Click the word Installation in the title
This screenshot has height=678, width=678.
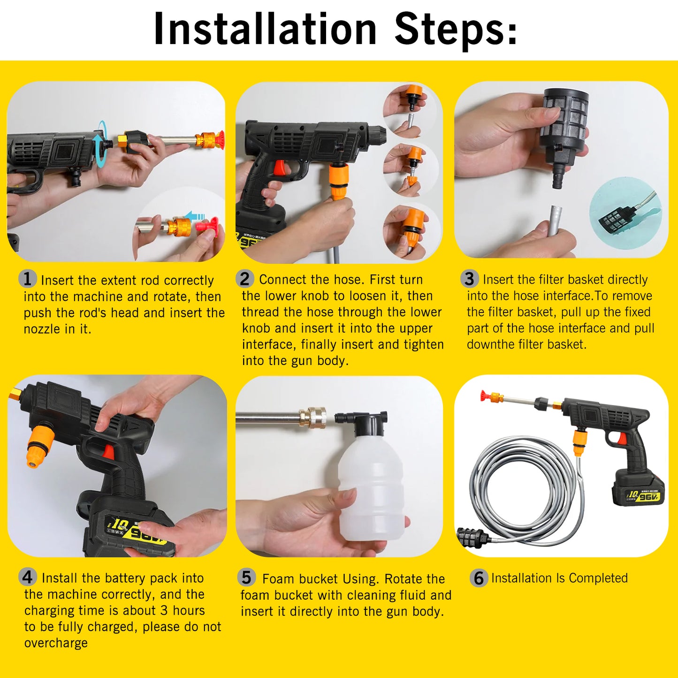coord(265,29)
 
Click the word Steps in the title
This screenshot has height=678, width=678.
coord(455,29)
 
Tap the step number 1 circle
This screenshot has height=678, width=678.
coord(28,279)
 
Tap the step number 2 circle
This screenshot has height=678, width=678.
coord(245,279)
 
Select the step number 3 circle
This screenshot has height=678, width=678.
coord(469,279)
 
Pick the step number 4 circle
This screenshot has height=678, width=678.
coord(28,577)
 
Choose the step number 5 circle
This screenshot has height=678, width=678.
coord(246,577)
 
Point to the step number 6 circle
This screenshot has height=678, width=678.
coord(479,578)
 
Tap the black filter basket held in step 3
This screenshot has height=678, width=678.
coord(563,122)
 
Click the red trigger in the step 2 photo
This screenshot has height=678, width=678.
coord(280,168)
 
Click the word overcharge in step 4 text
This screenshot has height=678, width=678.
coord(56,643)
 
